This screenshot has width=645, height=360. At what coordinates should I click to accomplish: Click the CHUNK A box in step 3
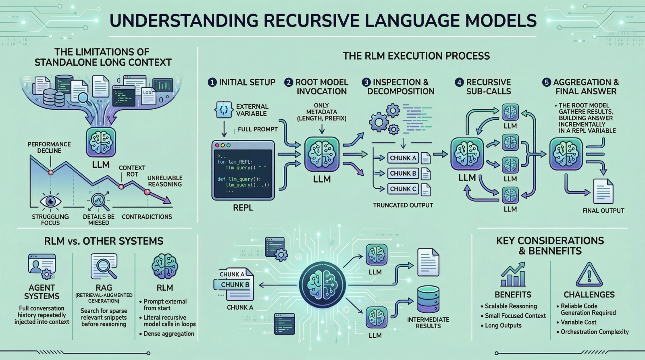point(403,158)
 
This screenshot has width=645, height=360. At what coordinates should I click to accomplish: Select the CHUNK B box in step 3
point(403,173)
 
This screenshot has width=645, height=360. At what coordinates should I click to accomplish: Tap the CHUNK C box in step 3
point(403,189)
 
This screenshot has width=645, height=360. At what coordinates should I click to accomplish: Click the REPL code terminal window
point(243,170)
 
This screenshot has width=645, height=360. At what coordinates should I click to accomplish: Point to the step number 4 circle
point(459,82)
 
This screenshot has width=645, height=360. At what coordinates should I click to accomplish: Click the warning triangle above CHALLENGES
point(589,275)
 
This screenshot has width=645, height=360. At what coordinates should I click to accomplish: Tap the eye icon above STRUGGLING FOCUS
point(50,201)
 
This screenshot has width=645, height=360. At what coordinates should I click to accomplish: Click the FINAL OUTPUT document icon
point(603,191)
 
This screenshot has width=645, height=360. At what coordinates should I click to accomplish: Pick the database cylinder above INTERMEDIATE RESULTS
point(428,299)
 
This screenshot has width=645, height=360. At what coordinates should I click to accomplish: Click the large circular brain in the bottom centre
point(322,285)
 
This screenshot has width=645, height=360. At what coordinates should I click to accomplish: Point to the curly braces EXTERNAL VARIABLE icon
point(224,110)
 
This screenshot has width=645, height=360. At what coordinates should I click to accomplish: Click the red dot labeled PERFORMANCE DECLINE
point(51,172)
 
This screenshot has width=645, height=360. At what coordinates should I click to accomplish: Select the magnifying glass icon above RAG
point(104,266)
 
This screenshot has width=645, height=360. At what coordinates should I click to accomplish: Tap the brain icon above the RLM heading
point(165,266)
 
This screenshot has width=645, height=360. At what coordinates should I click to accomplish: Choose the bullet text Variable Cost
point(578,322)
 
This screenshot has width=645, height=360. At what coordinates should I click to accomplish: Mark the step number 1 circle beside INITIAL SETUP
point(212,82)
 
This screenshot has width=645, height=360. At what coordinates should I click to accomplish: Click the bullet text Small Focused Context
point(515,316)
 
